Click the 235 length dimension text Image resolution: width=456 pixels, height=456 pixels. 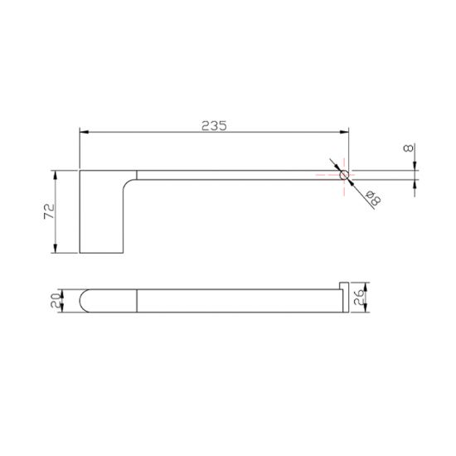click(214, 125)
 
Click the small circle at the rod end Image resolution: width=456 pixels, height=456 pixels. click(344, 174)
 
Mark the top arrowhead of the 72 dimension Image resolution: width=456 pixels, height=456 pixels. click(56, 174)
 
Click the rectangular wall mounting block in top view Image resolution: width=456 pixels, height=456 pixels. click(101, 211)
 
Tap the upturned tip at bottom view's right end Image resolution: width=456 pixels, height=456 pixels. click(344, 286)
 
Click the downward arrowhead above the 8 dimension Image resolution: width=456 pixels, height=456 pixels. click(414, 166)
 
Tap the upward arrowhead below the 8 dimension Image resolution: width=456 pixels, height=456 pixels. click(414, 183)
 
